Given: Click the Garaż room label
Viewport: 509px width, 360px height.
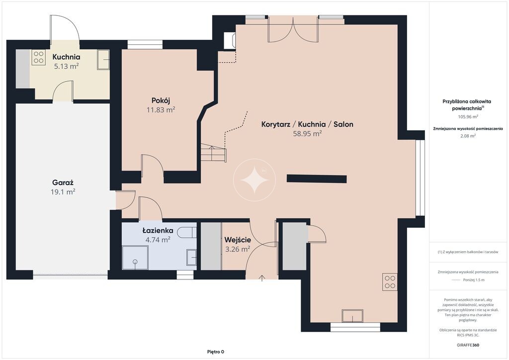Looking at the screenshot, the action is coord(63,183).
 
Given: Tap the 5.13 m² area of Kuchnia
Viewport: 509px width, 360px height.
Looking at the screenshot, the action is coord(66,66).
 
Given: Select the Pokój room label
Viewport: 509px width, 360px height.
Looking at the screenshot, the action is coord(161,100).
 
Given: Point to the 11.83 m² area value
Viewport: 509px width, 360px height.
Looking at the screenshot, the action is coord(161,110).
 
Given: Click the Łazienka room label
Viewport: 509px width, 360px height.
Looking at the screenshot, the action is coord(158,231).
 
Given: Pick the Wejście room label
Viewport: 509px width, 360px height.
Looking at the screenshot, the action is coord(238,240).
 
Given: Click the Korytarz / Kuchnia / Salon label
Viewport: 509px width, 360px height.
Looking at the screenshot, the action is coord(307,124).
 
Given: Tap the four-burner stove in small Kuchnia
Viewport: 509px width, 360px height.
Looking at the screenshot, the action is coord(38,58).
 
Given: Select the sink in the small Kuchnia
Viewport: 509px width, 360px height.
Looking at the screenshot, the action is coord(103,59).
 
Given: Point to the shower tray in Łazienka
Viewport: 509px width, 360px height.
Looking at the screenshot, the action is coord(135,258).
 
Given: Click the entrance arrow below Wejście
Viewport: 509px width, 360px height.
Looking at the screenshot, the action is coord(262,278).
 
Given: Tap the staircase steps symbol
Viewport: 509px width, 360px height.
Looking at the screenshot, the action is coord(213,153).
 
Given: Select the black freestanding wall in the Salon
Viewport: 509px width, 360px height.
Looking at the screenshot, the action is coord(317,179).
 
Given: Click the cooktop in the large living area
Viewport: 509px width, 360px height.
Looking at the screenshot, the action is coord(390,282).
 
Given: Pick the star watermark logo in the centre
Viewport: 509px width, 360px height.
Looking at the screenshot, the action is coord(254,180).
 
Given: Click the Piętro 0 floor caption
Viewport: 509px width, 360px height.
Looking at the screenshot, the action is coord(216,352).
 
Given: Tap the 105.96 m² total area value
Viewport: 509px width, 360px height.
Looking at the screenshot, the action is coord(468,116).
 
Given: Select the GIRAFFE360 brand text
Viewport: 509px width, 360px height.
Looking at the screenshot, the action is coord(468,345).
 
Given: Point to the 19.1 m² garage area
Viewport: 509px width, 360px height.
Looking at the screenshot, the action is coord(63,192).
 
